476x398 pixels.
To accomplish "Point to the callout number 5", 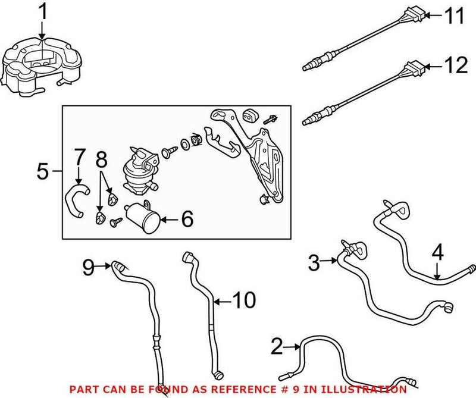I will point(42,171).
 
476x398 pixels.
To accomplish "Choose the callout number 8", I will point(101,159).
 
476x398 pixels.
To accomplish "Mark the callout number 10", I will point(244,300).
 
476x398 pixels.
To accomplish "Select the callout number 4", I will point(437,253).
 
